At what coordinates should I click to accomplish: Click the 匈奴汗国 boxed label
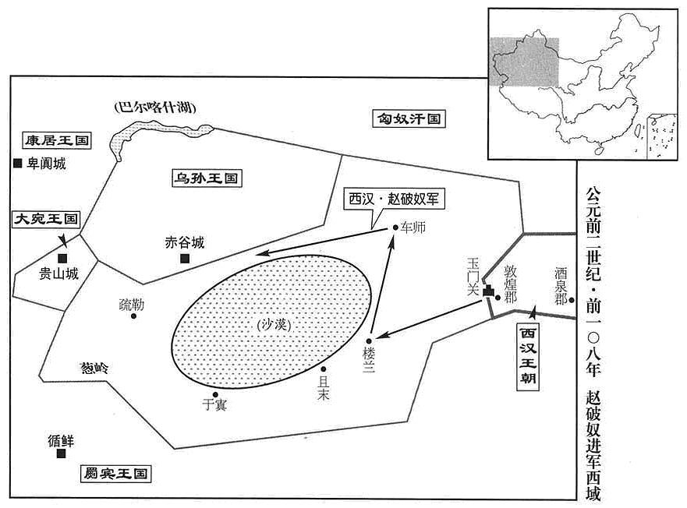tap(409, 118)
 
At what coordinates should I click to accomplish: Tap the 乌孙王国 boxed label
tap(206, 178)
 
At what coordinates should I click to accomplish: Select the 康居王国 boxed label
tap(57, 140)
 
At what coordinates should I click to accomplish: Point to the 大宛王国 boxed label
tap(45, 218)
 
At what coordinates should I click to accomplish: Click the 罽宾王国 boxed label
tap(115, 474)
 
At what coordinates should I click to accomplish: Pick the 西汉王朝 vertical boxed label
tap(528, 357)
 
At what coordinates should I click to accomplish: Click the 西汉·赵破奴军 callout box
tap(394, 199)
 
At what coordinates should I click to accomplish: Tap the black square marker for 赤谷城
tap(185, 259)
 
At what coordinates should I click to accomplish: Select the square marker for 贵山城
tap(62, 259)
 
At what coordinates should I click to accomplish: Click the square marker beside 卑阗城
tap(17, 164)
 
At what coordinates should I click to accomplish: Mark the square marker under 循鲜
tap(61, 453)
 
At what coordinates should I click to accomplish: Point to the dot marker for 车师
tap(395, 228)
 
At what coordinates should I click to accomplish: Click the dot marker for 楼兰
tap(369, 341)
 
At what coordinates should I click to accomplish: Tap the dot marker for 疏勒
tap(133, 316)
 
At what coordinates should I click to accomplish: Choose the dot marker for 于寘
tap(215, 394)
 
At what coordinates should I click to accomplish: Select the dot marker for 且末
tap(324, 369)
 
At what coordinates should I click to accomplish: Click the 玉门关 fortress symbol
tap(488, 291)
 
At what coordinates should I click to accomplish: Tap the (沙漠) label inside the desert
tap(274, 324)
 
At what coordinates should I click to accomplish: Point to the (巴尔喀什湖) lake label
tap(154, 108)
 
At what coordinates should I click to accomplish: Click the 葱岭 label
tap(94, 369)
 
